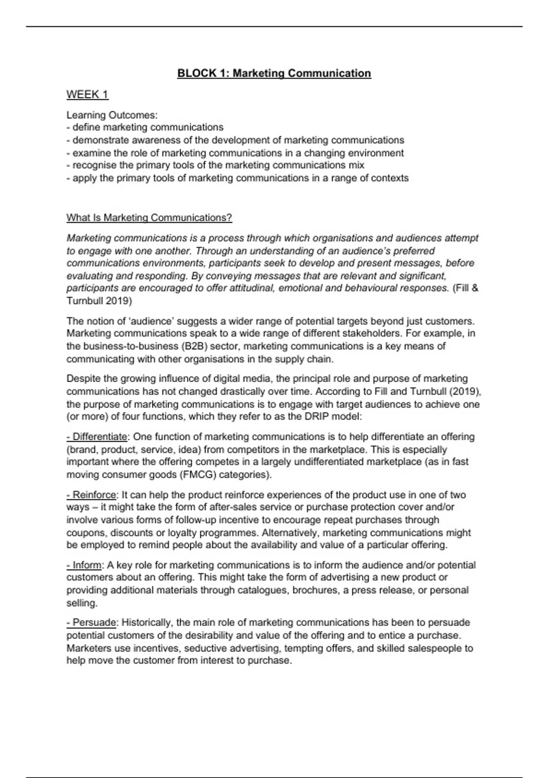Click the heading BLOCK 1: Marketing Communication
(x=274, y=73)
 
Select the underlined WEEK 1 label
(x=87, y=95)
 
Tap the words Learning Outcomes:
(x=112, y=115)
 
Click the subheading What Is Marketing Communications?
(x=149, y=218)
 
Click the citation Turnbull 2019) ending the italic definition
(x=99, y=301)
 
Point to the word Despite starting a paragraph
(x=84, y=379)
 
